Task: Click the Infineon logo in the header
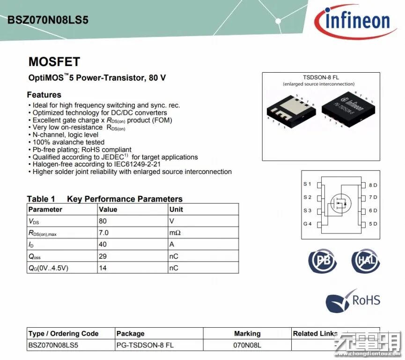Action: pyautogui.click(x=353, y=20)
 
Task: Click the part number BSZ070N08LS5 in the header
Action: pyautogui.click(x=48, y=20)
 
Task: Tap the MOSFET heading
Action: pyautogui.click(x=54, y=62)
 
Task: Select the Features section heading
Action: pyautogui.click(x=44, y=95)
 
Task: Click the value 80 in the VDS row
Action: pyautogui.click(x=103, y=221)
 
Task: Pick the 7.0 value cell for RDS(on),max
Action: pyautogui.click(x=104, y=232)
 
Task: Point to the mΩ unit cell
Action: pyautogui.click(x=174, y=232)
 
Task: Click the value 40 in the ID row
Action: pyautogui.click(x=103, y=244)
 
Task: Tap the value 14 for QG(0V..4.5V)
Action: pyautogui.click(x=103, y=268)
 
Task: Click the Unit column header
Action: pyautogui.click(x=176, y=209)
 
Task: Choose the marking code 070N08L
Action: pyautogui.click(x=247, y=345)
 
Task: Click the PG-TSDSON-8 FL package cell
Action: pyautogui.click(x=145, y=345)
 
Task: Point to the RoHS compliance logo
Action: pyautogui.click(x=353, y=300)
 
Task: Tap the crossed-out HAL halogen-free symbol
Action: pyautogui.click(x=366, y=261)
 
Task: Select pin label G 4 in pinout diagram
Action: pyautogui.click(x=307, y=224)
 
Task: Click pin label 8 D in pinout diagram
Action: pyautogui.click(x=373, y=185)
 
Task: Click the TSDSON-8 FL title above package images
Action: pyautogui.click(x=318, y=77)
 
